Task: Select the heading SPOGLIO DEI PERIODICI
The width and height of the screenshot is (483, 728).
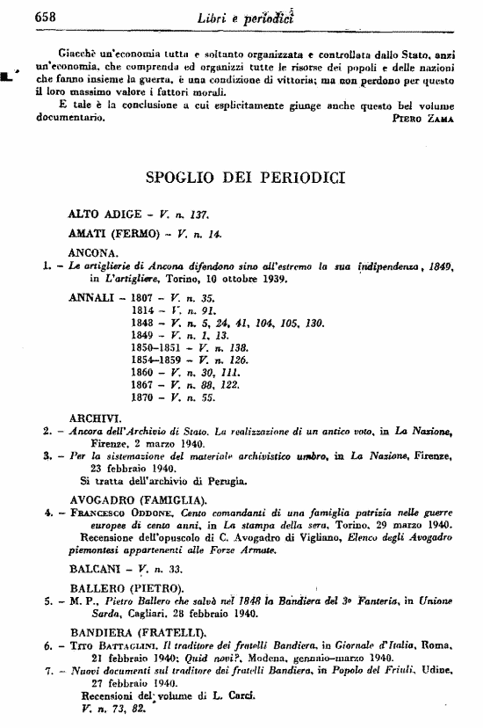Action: (245, 177)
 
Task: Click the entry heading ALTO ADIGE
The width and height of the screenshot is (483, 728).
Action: (100, 214)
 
